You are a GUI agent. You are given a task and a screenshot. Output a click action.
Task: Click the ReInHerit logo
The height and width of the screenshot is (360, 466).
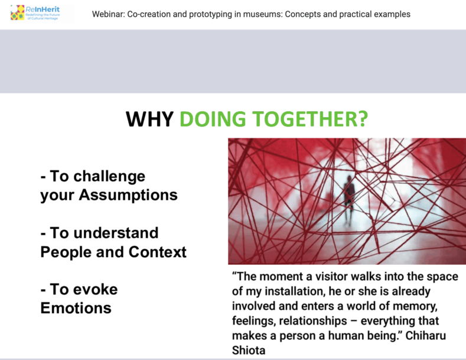(x=35, y=13)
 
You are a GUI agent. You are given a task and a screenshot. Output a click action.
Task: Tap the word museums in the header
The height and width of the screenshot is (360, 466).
(x=262, y=14)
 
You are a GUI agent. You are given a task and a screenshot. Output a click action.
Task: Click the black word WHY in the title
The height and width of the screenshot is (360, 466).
(x=150, y=119)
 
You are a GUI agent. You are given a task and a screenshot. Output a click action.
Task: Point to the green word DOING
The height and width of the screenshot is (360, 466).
(x=213, y=119)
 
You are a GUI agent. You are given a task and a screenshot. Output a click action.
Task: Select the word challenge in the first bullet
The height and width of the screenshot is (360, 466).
(x=109, y=176)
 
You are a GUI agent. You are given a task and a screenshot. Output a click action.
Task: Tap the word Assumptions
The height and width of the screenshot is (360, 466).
(x=128, y=195)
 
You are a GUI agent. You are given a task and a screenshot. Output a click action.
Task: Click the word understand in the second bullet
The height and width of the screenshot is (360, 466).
(x=116, y=233)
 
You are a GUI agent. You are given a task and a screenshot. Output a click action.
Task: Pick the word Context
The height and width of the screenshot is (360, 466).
(x=158, y=252)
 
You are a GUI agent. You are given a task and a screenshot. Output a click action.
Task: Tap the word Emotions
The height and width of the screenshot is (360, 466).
(x=76, y=308)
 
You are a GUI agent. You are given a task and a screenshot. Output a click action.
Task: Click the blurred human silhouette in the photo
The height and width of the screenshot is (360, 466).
(x=349, y=199)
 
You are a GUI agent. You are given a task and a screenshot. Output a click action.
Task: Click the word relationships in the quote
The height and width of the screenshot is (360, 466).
(x=313, y=321)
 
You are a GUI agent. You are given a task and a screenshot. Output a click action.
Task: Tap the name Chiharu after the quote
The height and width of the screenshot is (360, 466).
(x=426, y=336)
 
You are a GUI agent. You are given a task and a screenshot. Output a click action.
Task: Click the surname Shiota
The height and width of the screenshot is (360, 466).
(x=249, y=351)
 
